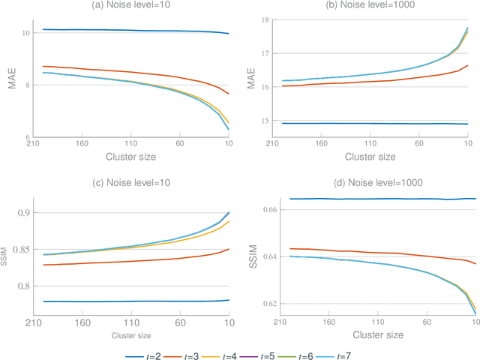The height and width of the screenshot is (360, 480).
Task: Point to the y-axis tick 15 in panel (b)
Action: pyautogui.click(x=268, y=121)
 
